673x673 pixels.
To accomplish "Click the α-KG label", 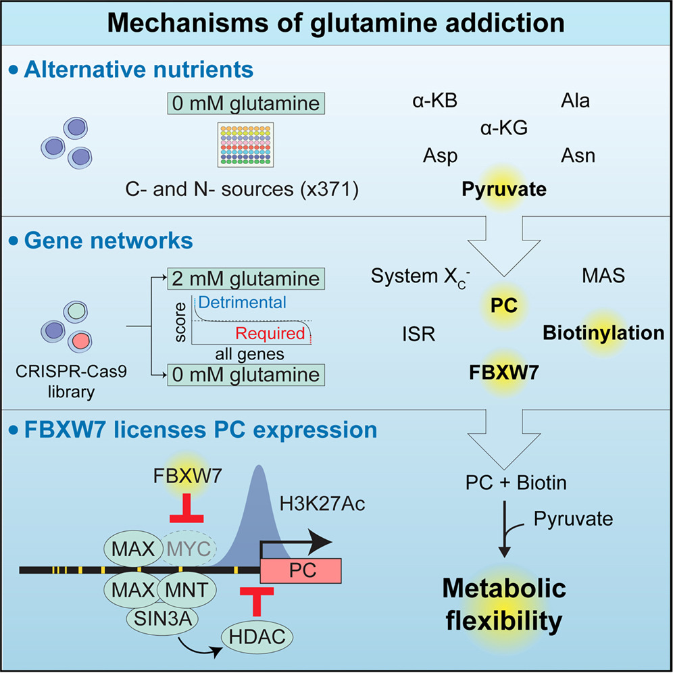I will point(503,128).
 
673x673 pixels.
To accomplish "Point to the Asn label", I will point(578,156).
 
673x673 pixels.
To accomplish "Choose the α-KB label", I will point(435,101).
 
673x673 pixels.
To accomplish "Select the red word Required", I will point(271,333).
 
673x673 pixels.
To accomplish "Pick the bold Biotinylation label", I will point(603,332).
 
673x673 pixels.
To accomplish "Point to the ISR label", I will point(418,334).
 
